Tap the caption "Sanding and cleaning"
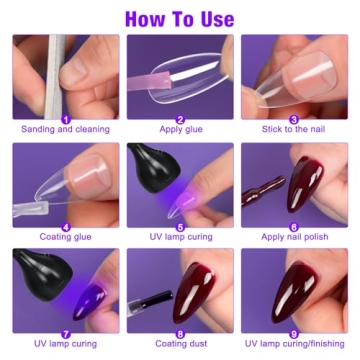pyautogui.click(x=66, y=129)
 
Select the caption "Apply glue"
pyautogui.click(x=180, y=129)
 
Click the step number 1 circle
pyautogui.click(x=65, y=116)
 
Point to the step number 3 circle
pyautogui.click(x=294, y=116)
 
